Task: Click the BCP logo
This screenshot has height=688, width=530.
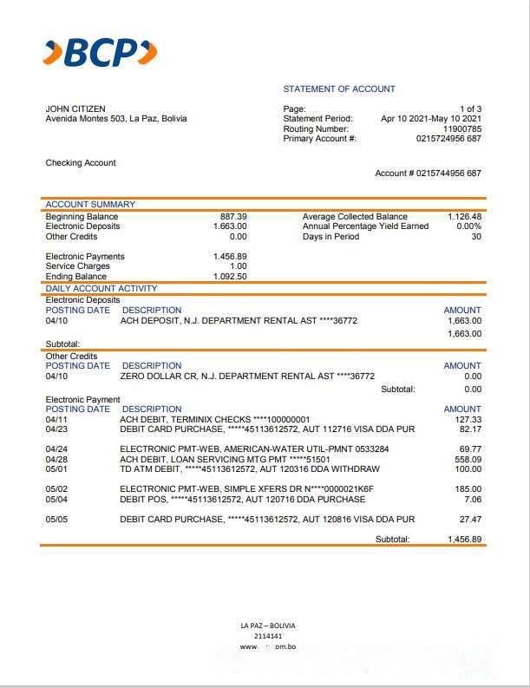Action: (x=101, y=53)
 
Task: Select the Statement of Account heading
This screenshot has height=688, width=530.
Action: (x=339, y=89)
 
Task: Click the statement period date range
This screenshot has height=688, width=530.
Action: (x=431, y=119)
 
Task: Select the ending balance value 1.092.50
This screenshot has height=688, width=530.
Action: (x=230, y=277)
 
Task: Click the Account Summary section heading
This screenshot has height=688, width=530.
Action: (x=90, y=205)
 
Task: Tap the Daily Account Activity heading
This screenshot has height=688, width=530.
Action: (x=101, y=288)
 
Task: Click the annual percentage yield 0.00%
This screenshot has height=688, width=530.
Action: (x=468, y=226)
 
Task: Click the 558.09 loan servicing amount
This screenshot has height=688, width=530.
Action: (x=468, y=459)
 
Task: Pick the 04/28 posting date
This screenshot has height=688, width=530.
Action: (x=56, y=459)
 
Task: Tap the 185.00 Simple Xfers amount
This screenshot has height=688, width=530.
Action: (x=468, y=489)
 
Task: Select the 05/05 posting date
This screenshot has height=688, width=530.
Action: (x=56, y=519)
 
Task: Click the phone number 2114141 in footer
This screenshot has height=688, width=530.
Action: (x=267, y=636)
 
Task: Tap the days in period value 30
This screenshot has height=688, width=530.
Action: (x=476, y=237)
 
